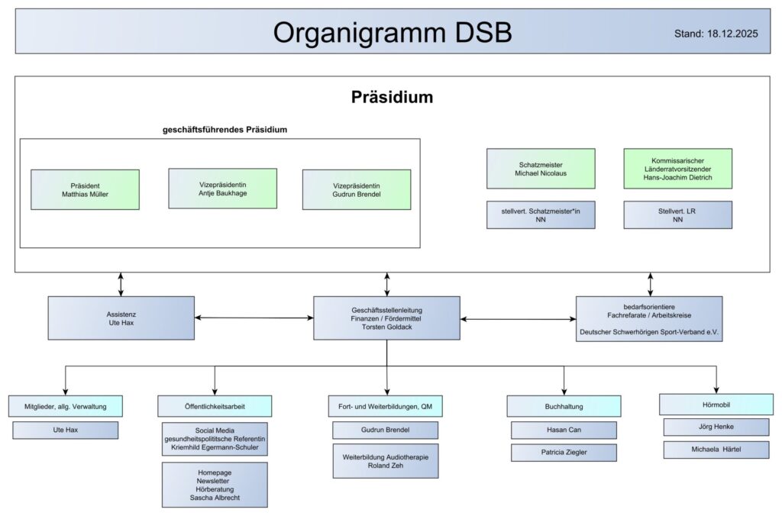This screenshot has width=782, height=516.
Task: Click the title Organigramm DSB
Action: (x=393, y=32)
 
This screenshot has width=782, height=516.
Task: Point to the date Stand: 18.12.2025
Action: (x=716, y=34)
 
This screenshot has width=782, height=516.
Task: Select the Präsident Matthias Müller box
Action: (x=85, y=189)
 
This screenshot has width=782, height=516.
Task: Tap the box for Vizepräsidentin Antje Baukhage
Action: (x=222, y=189)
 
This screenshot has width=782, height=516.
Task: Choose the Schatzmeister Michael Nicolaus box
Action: (x=541, y=169)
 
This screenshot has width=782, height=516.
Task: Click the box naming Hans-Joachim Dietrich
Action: (x=677, y=169)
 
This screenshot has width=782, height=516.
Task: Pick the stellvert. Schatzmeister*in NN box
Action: (x=541, y=214)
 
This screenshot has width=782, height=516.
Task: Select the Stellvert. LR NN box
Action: (x=677, y=214)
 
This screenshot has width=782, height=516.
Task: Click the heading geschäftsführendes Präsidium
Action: (x=225, y=130)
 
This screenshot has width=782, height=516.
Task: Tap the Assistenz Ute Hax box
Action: (x=121, y=318)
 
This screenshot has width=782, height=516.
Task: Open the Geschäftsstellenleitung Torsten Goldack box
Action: (x=386, y=318)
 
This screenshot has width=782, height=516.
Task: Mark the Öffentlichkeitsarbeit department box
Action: (x=215, y=406)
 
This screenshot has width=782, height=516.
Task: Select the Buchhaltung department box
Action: (x=564, y=406)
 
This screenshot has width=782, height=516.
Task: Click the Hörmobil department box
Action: (x=716, y=404)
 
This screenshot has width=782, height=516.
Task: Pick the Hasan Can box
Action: (x=564, y=430)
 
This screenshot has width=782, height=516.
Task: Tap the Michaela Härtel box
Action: (x=716, y=450)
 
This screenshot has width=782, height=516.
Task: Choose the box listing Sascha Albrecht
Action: (x=215, y=485)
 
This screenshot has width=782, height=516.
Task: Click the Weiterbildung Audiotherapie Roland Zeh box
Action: (x=386, y=461)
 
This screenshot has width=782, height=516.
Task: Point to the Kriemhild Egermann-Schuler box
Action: (x=215, y=439)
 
